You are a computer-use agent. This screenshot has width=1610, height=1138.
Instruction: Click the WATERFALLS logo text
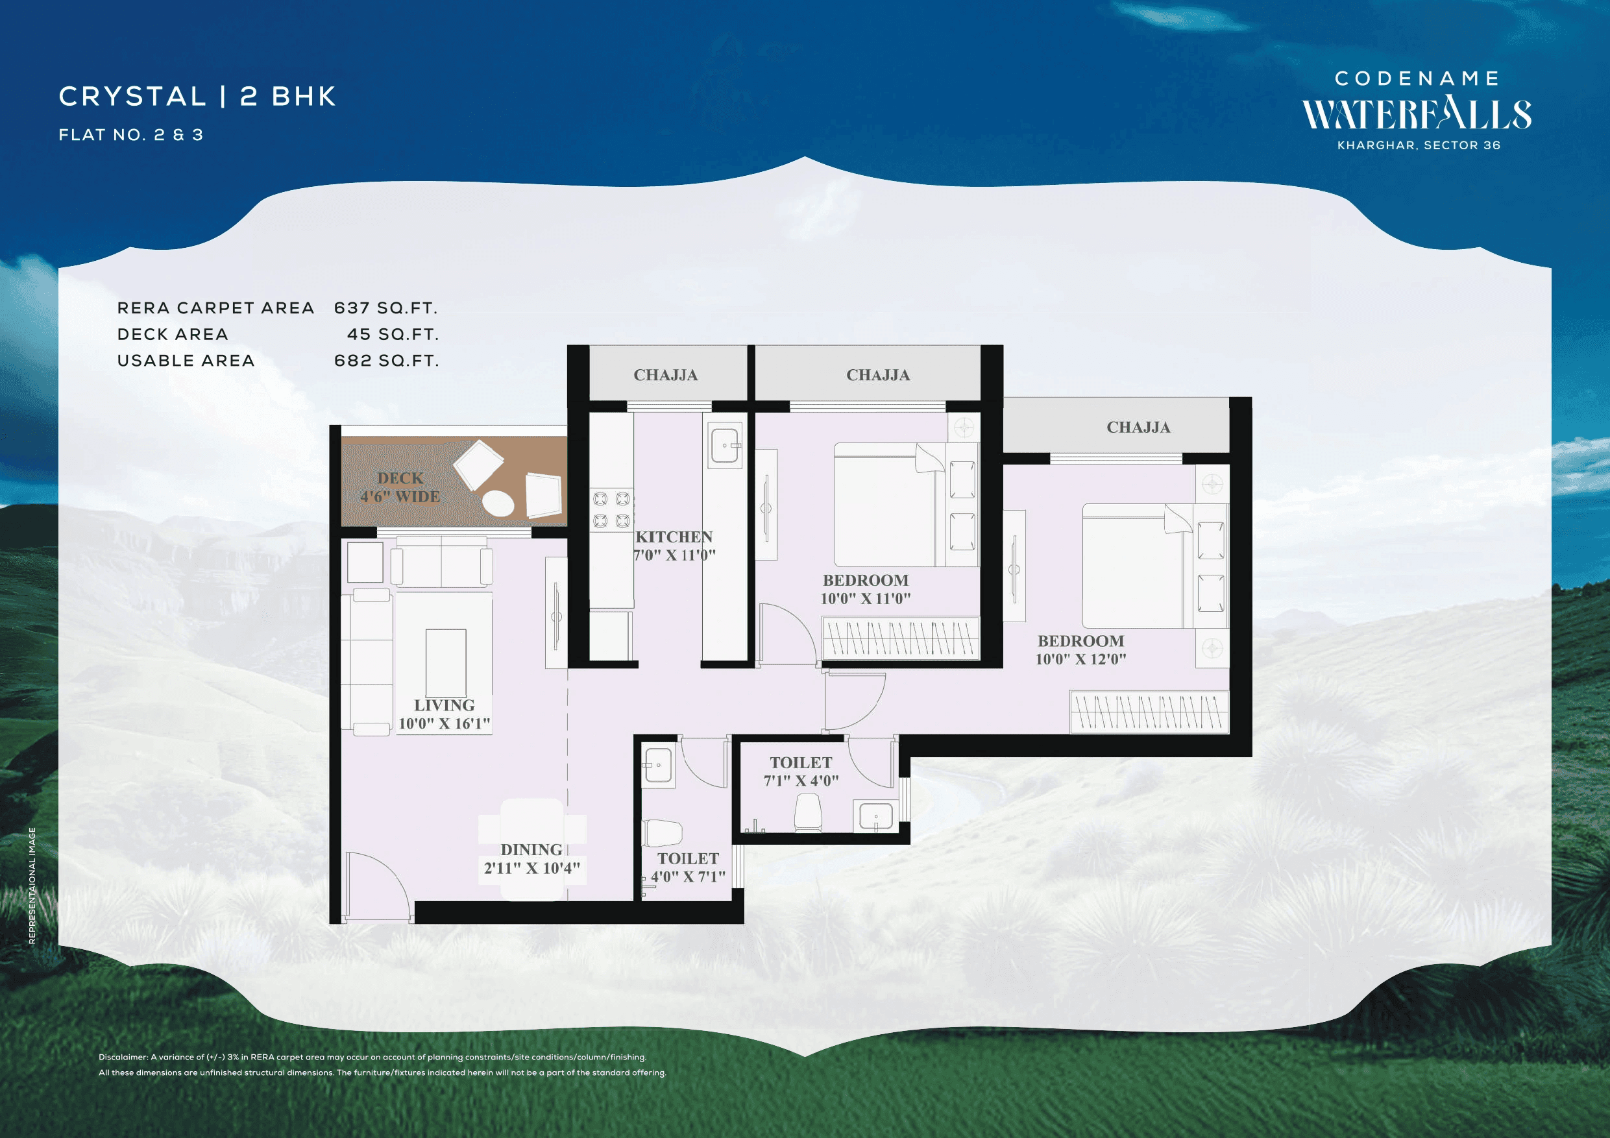[x=1417, y=115]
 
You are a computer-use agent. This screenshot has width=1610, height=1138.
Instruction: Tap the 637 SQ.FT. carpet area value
[x=385, y=308]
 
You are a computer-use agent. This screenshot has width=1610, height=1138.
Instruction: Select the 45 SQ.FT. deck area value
[x=393, y=335]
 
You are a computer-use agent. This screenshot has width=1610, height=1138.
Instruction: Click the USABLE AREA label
[x=186, y=360]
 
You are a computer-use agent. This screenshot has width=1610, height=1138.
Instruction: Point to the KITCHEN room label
[x=674, y=537]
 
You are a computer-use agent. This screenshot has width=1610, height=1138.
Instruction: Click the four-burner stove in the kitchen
[x=611, y=510]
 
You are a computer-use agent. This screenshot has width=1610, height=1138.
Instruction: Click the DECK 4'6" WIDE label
[x=400, y=487]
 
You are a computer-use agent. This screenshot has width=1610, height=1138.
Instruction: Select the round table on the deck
[x=498, y=503]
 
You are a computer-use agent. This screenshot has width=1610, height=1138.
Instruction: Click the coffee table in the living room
[x=445, y=662]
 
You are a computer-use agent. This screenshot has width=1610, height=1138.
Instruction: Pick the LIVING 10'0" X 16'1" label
[x=444, y=714]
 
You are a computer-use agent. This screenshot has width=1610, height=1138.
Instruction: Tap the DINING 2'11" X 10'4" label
[x=531, y=859]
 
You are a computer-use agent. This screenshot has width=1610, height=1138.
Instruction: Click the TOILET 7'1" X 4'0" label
[x=801, y=771]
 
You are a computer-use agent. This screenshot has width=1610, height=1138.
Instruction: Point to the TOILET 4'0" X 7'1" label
[x=688, y=867]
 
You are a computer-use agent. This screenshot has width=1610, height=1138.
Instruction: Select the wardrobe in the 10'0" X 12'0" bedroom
[x=1149, y=712]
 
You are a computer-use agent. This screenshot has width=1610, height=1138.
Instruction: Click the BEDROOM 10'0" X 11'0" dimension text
[x=865, y=599]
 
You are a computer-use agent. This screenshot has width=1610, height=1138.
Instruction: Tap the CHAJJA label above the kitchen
[x=665, y=375]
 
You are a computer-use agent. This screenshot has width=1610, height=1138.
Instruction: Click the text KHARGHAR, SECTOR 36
[x=1419, y=145]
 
